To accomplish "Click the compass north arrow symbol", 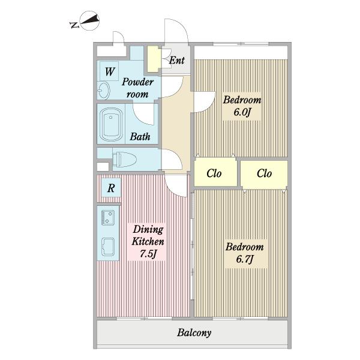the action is tap(90, 20).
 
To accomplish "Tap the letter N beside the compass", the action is tap(74, 25).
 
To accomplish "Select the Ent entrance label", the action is tap(177, 60).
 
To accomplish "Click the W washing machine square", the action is tap(109, 71).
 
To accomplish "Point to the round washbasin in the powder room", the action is tap(104, 90).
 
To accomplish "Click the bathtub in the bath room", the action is tap(110, 124).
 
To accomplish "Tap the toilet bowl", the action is tap(124, 159).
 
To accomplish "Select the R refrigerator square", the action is tap(111, 188).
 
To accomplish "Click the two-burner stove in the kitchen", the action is tap(107, 218).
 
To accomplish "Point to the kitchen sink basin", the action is tap(108, 247).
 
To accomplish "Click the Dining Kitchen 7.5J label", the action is tap(148, 242).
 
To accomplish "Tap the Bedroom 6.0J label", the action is tap(242, 106).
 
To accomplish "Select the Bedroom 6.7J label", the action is tap(245, 253).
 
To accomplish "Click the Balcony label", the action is tap(194, 332).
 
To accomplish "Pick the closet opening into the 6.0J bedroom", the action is tap(215, 172).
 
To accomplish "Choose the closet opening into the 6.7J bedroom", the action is tap(264, 174).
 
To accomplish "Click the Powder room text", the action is tap(137, 88).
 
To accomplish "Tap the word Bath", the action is tap(140, 137).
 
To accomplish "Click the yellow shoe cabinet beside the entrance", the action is tap(154, 59).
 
